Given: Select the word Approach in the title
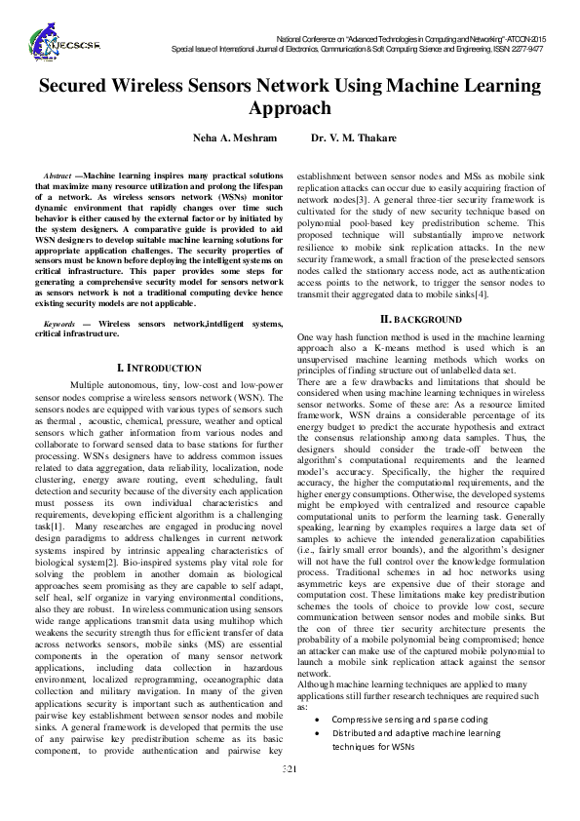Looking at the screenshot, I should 290,108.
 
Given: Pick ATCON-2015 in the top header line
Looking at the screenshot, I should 520,36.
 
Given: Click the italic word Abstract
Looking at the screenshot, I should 61,175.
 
